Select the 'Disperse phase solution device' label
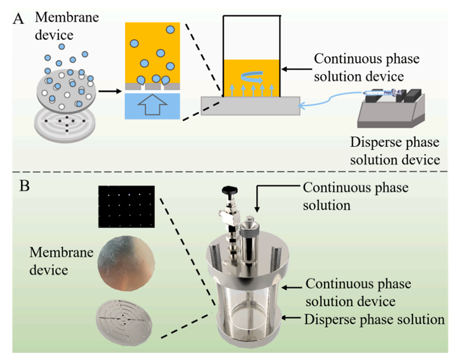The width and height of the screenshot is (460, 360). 395,151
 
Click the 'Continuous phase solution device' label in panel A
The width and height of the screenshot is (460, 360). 366,67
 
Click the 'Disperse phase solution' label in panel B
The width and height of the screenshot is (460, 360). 374,319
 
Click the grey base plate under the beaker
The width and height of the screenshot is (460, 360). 250,105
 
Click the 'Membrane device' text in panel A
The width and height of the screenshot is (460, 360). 61,26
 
